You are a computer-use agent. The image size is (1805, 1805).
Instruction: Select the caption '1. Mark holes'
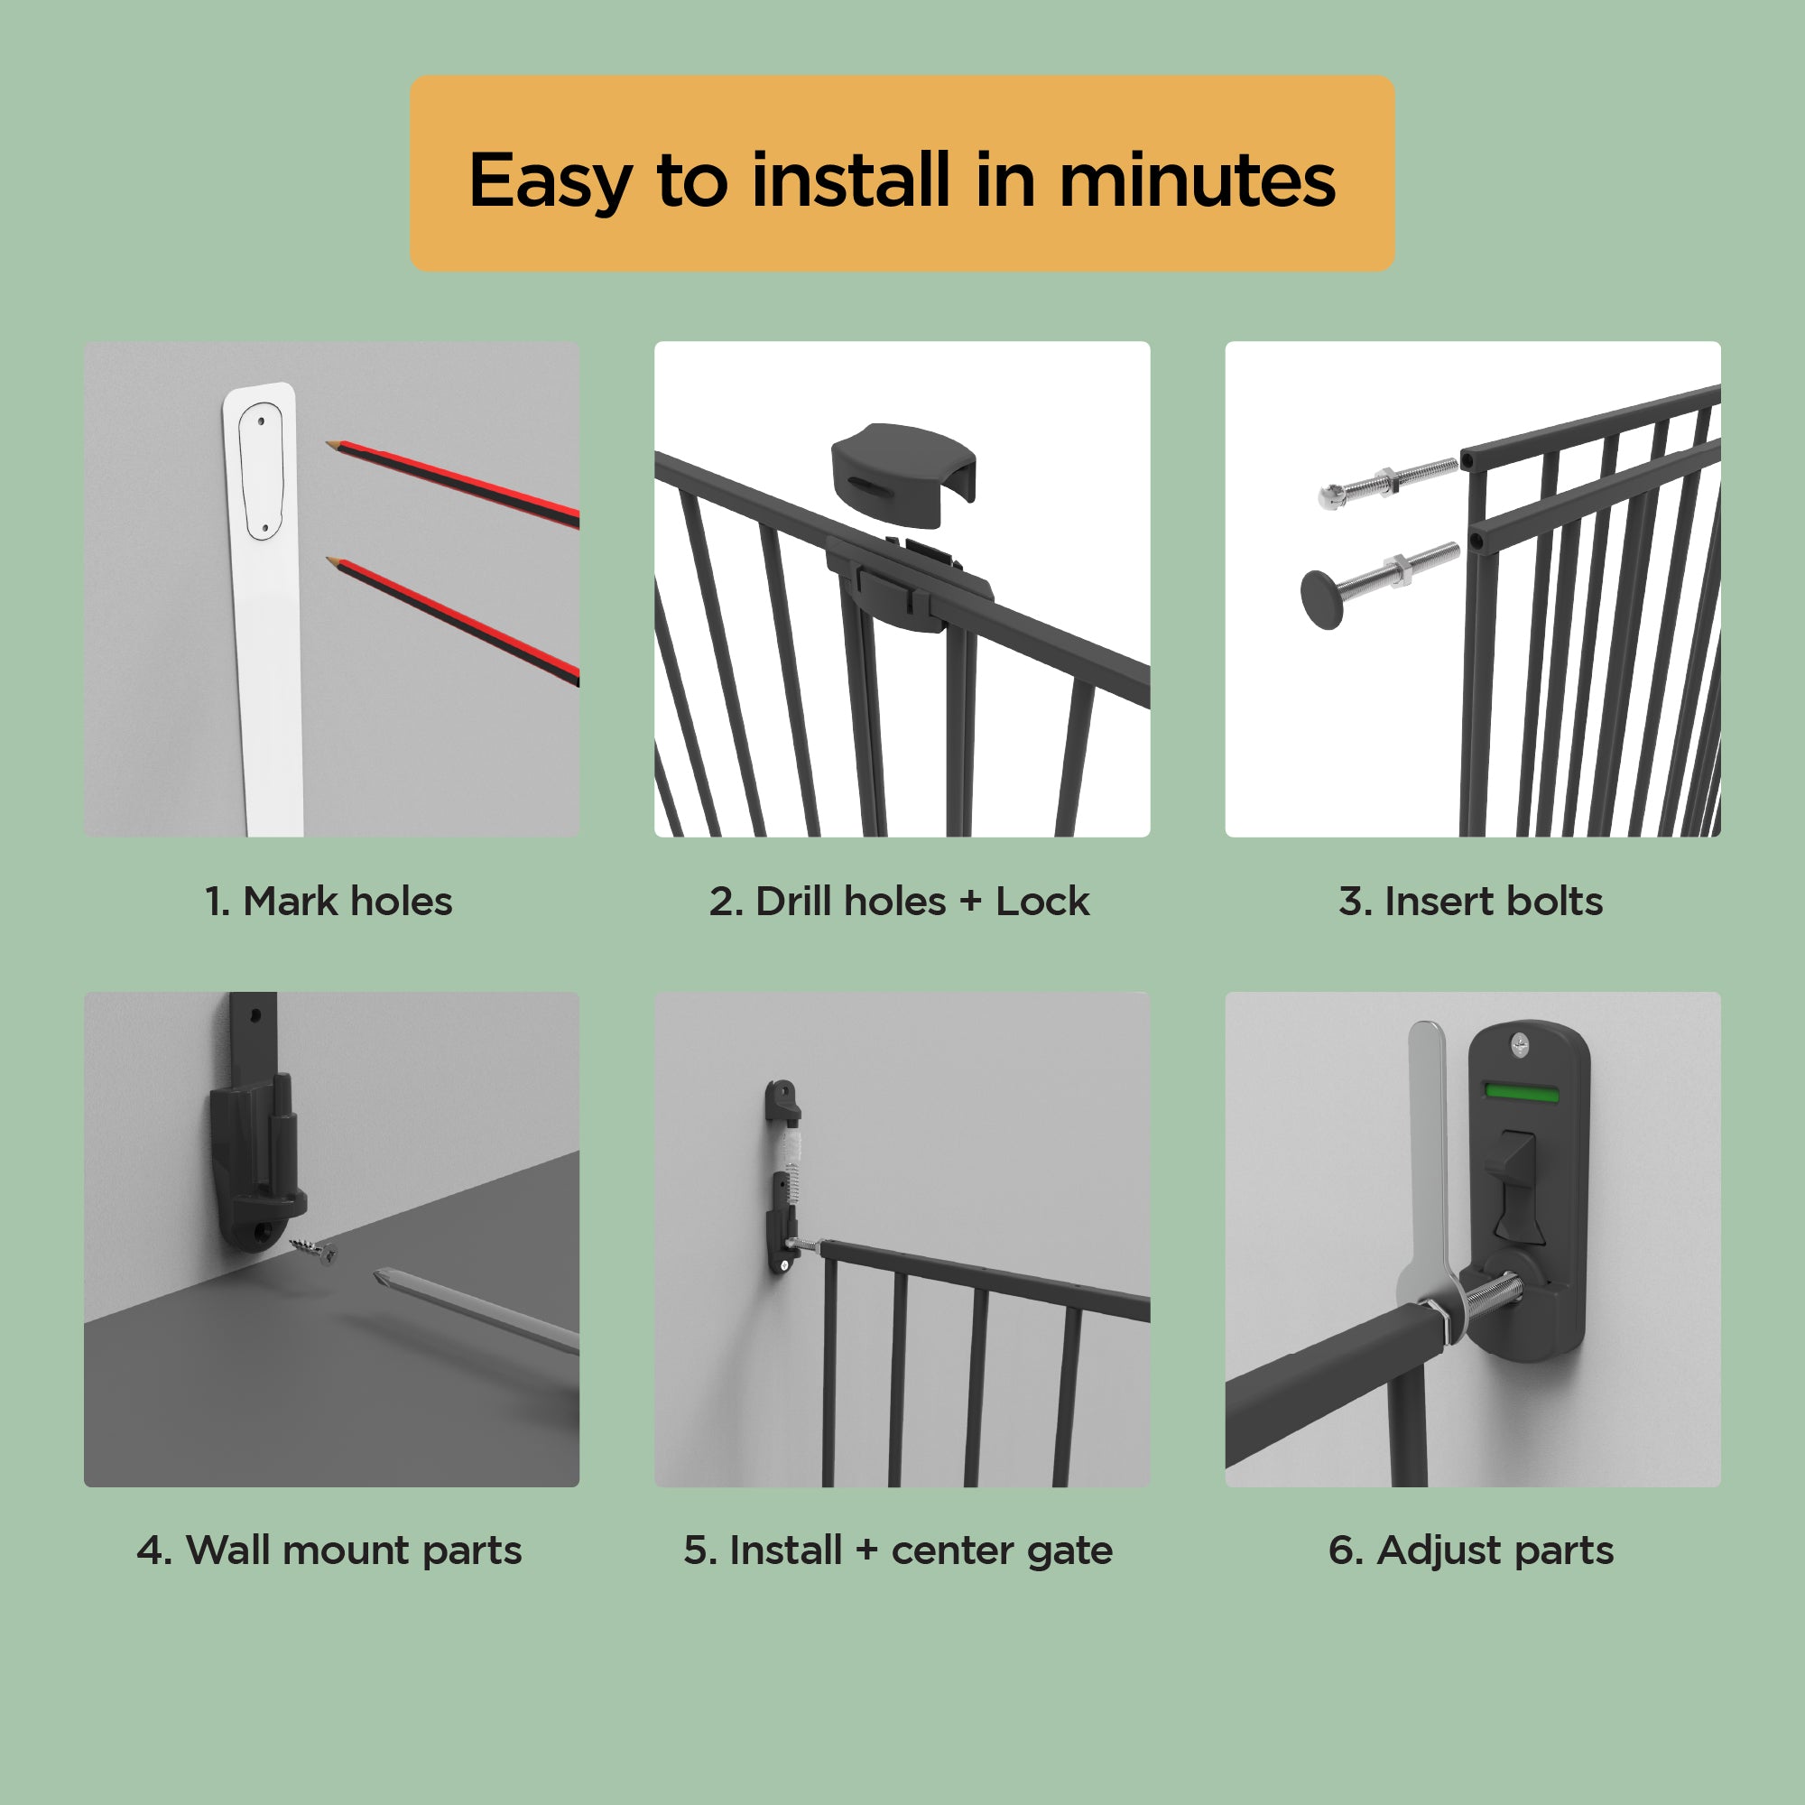(x=329, y=902)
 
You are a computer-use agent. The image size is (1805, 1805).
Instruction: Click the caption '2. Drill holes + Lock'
(x=899, y=902)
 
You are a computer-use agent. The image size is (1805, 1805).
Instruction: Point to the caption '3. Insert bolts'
(x=1470, y=902)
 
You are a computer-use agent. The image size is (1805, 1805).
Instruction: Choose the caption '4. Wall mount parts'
(x=329, y=1550)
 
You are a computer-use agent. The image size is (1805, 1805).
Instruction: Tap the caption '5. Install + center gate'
(x=898, y=1550)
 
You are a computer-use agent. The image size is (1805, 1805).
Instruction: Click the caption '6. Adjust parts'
(x=1470, y=1550)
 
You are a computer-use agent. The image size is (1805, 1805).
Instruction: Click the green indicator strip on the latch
(x=1521, y=1092)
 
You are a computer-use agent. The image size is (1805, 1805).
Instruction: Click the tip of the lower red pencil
(x=329, y=560)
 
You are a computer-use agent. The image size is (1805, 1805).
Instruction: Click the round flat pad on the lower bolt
(x=1321, y=600)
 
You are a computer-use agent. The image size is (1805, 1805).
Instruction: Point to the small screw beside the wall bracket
(x=314, y=1248)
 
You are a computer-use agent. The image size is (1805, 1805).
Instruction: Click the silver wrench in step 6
(x=1428, y=1168)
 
